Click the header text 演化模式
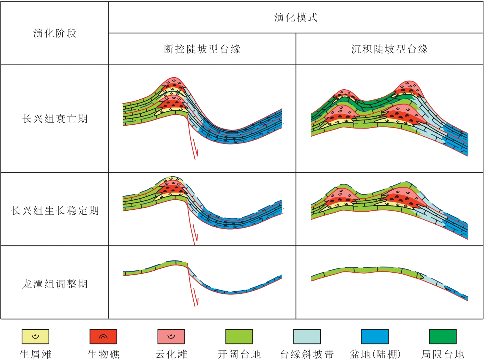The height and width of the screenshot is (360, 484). pyautogui.click(x=296, y=17)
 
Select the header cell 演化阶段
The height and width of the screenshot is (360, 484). pyautogui.click(x=55, y=33)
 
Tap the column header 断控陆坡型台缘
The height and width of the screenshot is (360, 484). pyautogui.click(x=202, y=49)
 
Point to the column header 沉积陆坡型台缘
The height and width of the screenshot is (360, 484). pyautogui.click(x=389, y=49)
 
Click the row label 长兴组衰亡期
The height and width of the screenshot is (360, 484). pyautogui.click(x=55, y=119)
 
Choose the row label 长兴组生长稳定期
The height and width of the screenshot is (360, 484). pyautogui.click(x=55, y=211)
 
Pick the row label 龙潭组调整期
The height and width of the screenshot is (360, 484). pyautogui.click(x=55, y=284)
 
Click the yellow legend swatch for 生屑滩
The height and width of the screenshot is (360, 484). pyautogui.click(x=35, y=337)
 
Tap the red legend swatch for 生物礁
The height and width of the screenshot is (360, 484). pyautogui.click(x=103, y=337)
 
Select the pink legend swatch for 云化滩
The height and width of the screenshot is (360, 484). pyautogui.click(x=171, y=337)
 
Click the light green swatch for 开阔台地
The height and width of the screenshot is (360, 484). pyautogui.click(x=239, y=337)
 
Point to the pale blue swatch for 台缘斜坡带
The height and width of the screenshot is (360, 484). pyautogui.click(x=307, y=337)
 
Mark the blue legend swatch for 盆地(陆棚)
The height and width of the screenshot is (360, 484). pyautogui.click(x=375, y=337)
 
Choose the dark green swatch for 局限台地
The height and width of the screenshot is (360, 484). pyautogui.click(x=442, y=337)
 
